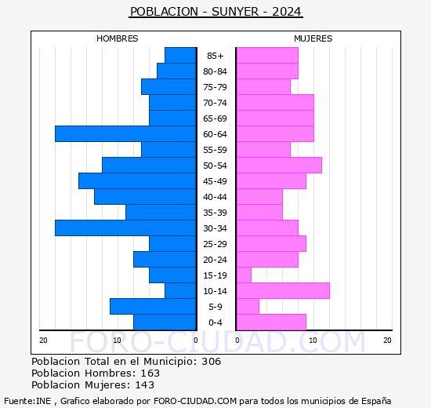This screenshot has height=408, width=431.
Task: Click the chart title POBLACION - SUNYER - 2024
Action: click(215, 12)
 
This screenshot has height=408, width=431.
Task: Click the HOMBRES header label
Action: click(117, 38)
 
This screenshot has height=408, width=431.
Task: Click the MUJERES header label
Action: click(313, 38)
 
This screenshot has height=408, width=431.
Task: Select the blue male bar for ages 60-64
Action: click(125, 134)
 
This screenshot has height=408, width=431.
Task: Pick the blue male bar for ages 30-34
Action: click(125, 228)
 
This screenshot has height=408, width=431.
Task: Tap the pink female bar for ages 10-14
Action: click(282, 291)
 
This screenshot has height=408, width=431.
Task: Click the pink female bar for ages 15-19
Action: click(244, 275)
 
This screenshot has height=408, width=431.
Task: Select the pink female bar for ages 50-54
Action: click(278, 166)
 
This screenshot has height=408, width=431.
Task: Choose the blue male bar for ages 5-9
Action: click(153, 307)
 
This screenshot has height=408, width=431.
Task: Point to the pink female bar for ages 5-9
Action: click(248, 307)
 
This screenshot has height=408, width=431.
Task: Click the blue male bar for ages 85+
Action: click(180, 56)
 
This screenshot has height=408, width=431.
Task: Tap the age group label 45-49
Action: click(215, 181)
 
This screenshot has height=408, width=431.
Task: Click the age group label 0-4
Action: click(215, 322)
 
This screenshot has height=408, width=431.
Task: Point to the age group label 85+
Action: click(215, 56)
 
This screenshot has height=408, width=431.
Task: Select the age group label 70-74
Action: click(215, 103)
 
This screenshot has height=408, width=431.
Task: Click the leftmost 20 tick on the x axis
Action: click(44, 340)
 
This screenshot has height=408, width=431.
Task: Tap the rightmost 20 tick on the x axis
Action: click(387, 340)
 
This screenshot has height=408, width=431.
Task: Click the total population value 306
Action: click(211, 362)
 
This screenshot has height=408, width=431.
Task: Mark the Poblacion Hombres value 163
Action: click(150, 373)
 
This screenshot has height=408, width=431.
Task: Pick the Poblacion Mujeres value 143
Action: click(144, 385)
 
